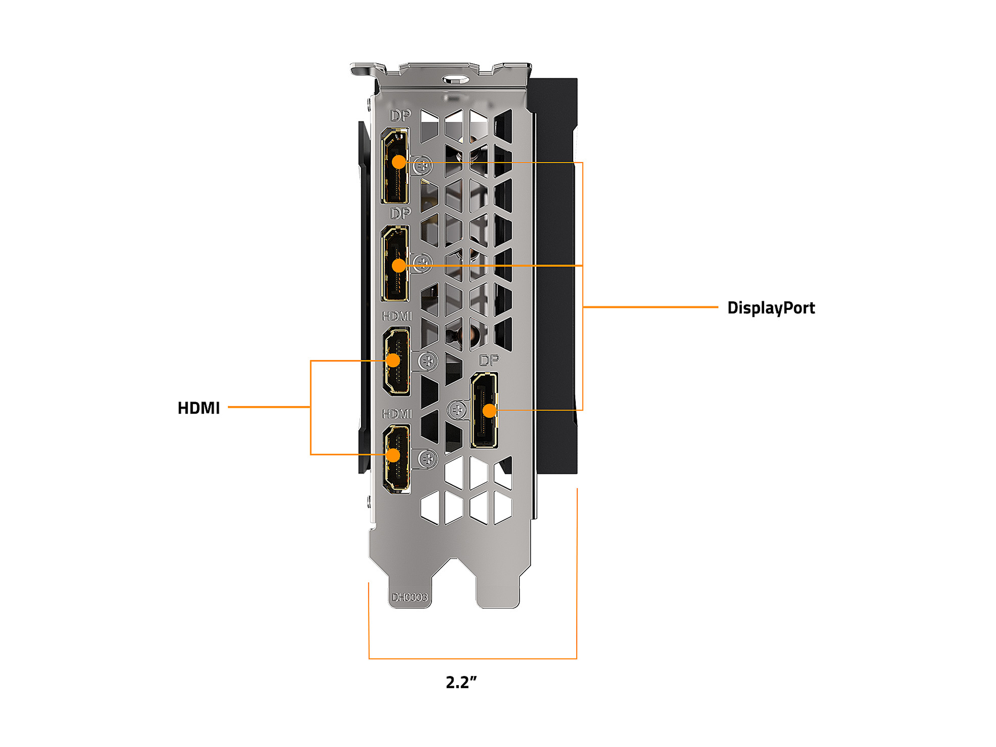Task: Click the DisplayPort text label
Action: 771,308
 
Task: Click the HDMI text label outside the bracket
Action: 198,408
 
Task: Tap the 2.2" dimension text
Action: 461,682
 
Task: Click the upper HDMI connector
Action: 397,361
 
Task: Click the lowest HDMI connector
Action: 397,458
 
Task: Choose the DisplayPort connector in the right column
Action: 485,410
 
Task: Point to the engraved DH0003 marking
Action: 409,597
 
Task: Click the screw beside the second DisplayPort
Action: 422,262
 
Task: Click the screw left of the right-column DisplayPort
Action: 457,410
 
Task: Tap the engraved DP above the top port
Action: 400,116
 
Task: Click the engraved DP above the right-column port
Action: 489,360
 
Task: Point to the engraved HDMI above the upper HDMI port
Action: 397,316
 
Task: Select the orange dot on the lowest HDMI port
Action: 393,455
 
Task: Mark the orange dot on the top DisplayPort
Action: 399,162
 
